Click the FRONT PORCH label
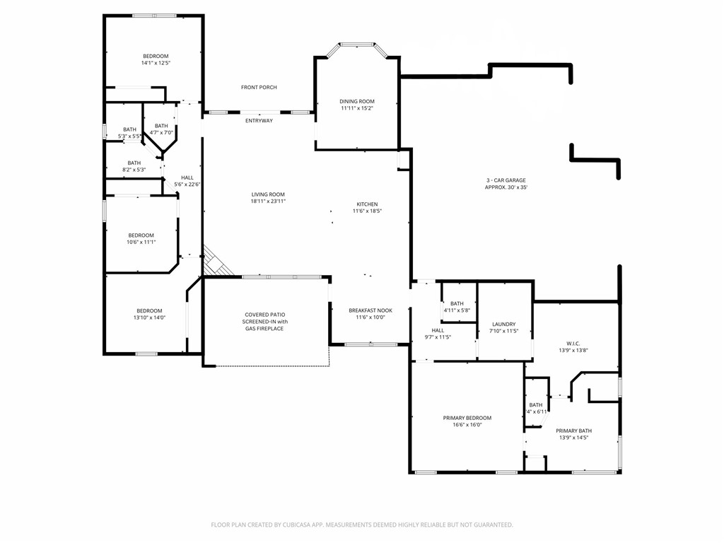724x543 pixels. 259,88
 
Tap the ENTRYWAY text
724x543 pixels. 259,121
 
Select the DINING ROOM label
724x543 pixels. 357,102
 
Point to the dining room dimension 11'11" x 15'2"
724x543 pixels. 357,108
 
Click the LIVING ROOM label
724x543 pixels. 268,194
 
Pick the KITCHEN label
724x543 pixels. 366,204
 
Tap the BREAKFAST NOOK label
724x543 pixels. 370,310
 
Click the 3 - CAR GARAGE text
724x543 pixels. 506,180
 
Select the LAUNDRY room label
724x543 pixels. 504,325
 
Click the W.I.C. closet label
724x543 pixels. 573,344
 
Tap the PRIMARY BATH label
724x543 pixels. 573,431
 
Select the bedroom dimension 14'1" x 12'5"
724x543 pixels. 156,63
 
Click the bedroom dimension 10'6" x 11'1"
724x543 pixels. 141,242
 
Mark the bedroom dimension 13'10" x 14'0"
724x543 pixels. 149,317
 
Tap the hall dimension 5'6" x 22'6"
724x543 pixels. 187,185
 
